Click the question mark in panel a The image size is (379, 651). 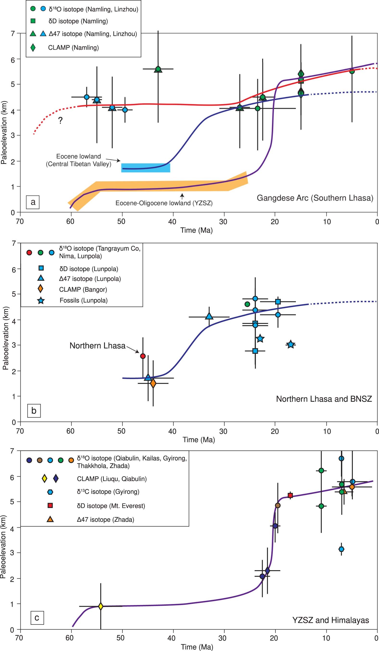click(x=60, y=120)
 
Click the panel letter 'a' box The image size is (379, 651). click(x=33, y=202)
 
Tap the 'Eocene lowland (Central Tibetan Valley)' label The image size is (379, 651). click(x=79, y=160)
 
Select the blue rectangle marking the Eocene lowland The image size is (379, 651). click(x=146, y=168)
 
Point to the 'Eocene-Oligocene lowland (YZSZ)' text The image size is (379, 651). click(x=164, y=203)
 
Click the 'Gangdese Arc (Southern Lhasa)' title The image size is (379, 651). click(x=315, y=198)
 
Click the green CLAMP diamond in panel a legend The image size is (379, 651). click(x=33, y=48)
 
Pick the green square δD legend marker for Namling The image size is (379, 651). click(x=33, y=21)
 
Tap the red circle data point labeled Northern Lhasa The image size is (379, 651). click(x=143, y=356)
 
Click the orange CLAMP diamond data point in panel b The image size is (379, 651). click(x=153, y=383)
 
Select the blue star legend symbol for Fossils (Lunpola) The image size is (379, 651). click(x=41, y=300)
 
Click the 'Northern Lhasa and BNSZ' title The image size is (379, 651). click(x=324, y=399)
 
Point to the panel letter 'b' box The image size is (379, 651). click(x=34, y=411)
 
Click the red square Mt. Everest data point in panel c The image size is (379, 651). click(x=290, y=495)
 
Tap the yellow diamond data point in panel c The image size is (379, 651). click(x=101, y=606)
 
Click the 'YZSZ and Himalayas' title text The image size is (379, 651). click(x=330, y=620)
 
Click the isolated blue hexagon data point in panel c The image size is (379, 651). click(x=341, y=549)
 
